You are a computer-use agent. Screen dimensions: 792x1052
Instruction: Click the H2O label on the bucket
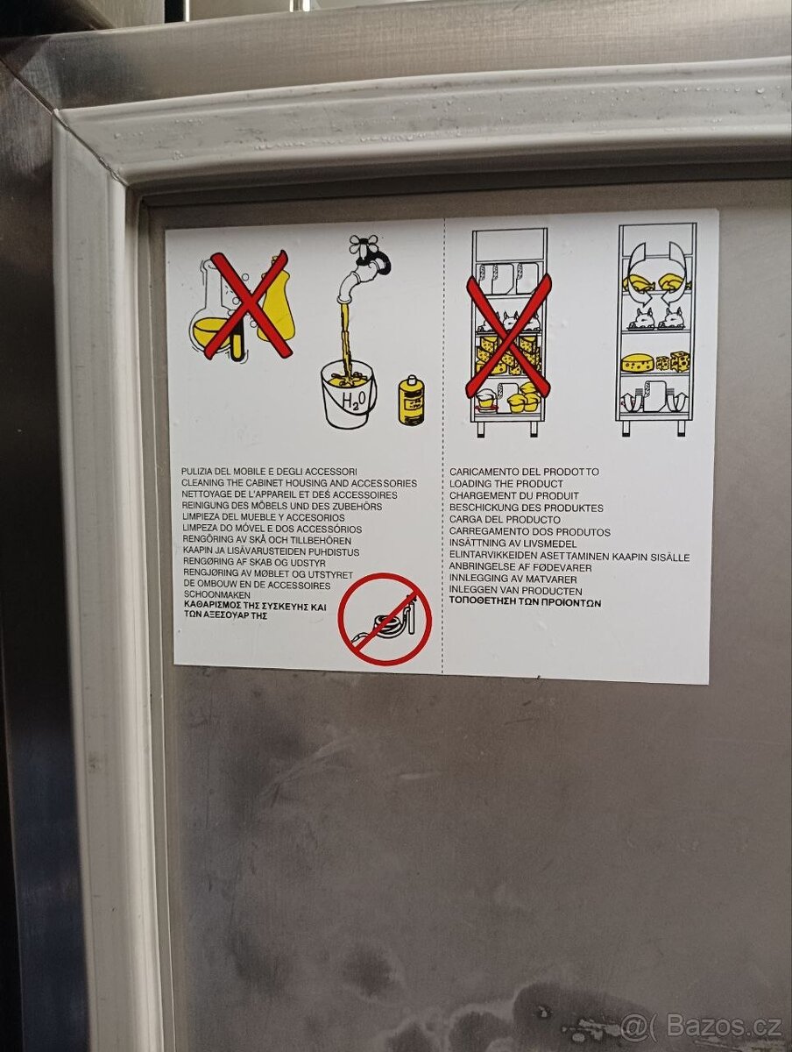pyautogui.click(x=353, y=399)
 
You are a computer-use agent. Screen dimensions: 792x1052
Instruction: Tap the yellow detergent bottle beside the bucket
pyautogui.click(x=411, y=400)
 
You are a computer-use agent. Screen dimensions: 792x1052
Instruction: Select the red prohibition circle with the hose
pyautogui.click(x=385, y=619)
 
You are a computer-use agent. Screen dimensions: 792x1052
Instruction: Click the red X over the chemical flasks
pyautogui.click(x=249, y=305)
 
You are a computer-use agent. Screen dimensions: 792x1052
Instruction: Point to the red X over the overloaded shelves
pyautogui.click(x=508, y=336)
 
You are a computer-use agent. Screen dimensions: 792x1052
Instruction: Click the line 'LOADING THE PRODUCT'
pyautogui.click(x=506, y=484)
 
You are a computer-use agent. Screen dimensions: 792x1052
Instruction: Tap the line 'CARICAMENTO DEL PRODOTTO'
pyautogui.click(x=524, y=472)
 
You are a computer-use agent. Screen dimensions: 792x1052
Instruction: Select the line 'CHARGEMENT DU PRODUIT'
pyautogui.click(x=513, y=495)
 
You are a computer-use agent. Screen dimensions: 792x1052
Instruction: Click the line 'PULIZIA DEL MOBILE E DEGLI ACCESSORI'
pyautogui.click(x=269, y=472)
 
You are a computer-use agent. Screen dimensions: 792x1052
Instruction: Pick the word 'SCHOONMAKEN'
pyautogui.click(x=216, y=595)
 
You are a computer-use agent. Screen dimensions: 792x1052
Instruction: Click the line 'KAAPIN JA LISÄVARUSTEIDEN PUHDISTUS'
pyautogui.click(x=271, y=551)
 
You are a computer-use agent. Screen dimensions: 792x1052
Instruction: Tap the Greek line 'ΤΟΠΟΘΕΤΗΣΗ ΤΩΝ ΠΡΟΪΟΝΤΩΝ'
pyautogui.click(x=525, y=603)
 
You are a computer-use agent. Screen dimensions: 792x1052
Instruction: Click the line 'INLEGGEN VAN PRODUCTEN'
pyautogui.click(x=516, y=591)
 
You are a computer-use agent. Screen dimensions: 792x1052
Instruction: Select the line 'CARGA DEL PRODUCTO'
pyautogui.click(x=505, y=520)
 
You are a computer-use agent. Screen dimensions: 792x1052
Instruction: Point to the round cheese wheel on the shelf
pyautogui.click(x=637, y=363)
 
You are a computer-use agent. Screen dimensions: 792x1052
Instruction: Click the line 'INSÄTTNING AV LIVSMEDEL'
pyautogui.click(x=513, y=544)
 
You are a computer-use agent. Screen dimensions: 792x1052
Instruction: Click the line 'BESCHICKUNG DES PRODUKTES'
pyautogui.click(x=527, y=508)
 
